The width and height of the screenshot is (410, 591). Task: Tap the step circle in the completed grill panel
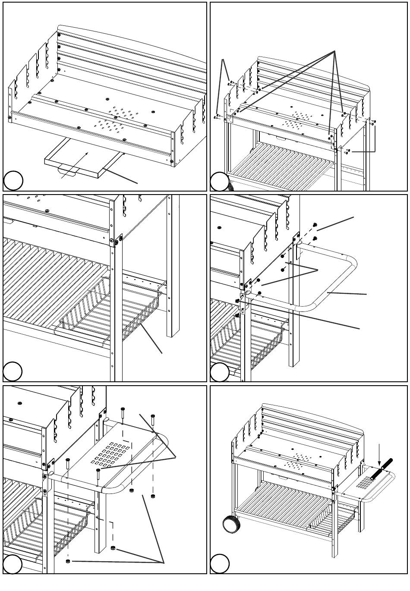coord(220,564)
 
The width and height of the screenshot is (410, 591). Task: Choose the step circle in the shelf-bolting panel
coord(13,564)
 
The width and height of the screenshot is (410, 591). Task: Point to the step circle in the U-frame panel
coord(220,372)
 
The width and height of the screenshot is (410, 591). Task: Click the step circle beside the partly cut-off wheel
coord(220,181)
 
